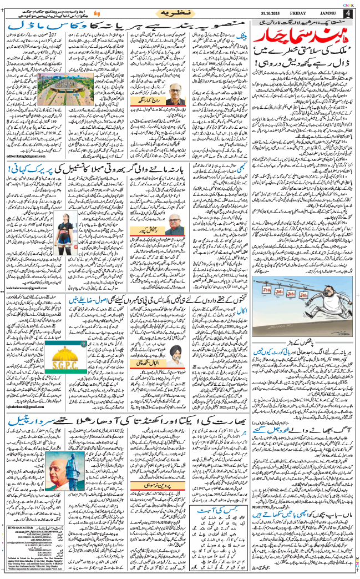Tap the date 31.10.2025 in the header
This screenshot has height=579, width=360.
(x=270, y=13)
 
